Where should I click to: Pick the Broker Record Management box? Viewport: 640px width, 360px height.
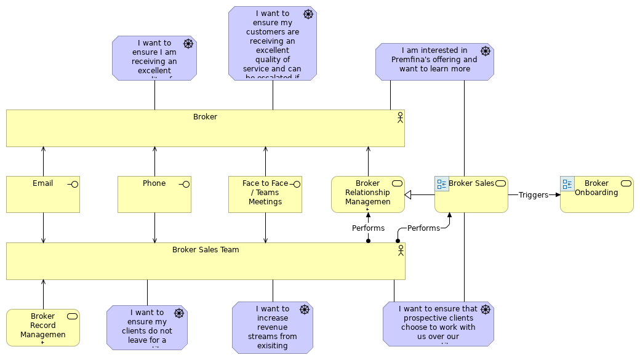[x=43, y=327]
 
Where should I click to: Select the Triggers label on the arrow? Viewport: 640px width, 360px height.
[x=533, y=195]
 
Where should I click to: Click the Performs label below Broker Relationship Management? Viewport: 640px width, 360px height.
[x=368, y=228]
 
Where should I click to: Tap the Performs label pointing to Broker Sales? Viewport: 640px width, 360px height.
[x=423, y=228]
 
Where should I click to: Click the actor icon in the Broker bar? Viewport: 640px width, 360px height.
[x=400, y=117]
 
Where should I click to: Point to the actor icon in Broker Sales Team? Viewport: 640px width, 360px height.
[x=401, y=250]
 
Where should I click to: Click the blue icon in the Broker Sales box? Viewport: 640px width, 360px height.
[x=442, y=184]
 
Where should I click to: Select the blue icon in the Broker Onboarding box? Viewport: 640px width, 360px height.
[x=567, y=184]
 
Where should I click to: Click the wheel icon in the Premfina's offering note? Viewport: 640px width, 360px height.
[x=485, y=51]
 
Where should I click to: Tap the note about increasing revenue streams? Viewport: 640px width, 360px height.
[x=272, y=327]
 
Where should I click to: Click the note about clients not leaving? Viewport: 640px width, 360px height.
[x=146, y=327]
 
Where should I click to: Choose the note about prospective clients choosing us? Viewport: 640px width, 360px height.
[x=438, y=324]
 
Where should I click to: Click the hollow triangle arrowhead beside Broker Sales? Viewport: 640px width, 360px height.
[x=408, y=195]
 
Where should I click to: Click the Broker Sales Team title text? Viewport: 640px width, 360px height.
[x=206, y=250]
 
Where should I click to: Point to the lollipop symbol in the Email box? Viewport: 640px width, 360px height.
[x=73, y=184]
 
